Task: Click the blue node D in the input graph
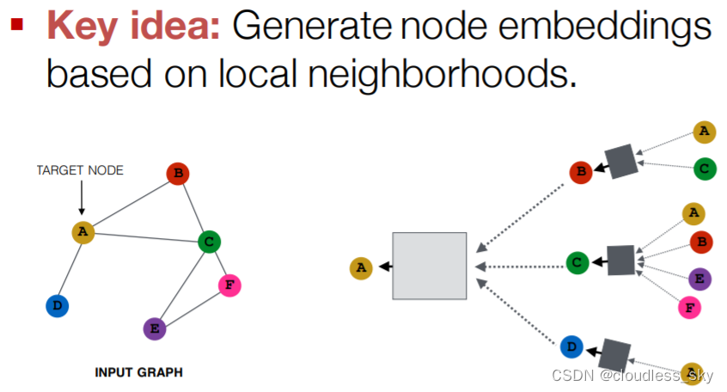click(x=57, y=305)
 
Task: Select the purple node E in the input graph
click(x=155, y=328)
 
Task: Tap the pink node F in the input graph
click(x=229, y=285)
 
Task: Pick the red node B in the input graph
click(x=178, y=174)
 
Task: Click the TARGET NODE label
click(x=80, y=170)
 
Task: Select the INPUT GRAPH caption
click(x=138, y=372)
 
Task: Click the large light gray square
click(x=429, y=266)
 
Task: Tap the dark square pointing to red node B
click(x=621, y=161)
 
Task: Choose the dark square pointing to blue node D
click(x=614, y=355)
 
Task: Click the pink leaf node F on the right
click(x=688, y=306)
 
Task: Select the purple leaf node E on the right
click(x=700, y=277)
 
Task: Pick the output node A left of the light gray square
click(x=361, y=268)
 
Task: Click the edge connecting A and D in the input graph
click(x=69, y=269)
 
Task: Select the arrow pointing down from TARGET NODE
click(x=81, y=199)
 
